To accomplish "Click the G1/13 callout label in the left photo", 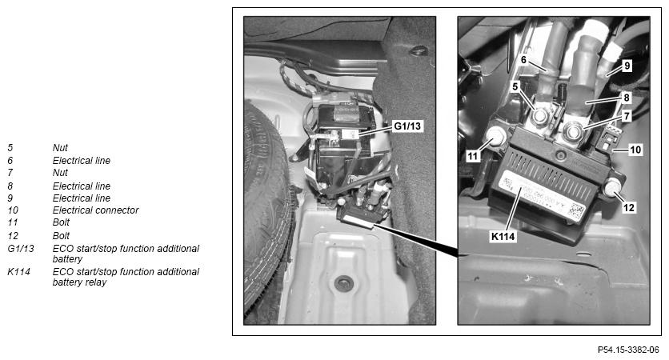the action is tap(407, 126).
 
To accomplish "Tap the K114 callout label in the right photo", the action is tap(503, 236).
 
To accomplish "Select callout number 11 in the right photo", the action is tap(472, 156).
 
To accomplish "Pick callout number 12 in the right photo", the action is tap(629, 208).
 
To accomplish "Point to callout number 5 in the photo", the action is tap(515, 86).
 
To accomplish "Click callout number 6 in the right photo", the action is tap(523, 60).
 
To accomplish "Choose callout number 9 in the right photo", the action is tap(627, 66).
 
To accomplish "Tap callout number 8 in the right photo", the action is tap(627, 98).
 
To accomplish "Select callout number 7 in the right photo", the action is tap(627, 115).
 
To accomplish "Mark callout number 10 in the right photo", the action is tap(635, 150).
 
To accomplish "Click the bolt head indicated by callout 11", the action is tap(495, 136).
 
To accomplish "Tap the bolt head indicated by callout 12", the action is tap(613, 187).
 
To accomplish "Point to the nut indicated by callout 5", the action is tap(540, 116).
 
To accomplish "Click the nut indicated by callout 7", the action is tap(572, 130).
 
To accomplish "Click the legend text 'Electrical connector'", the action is tap(95, 210).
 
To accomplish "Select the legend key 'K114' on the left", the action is tap(18, 272).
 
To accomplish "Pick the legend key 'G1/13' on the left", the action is tap(21, 248).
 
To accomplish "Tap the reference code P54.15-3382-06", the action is tap(628, 350).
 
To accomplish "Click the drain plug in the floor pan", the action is tap(344, 282).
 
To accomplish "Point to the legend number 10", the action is tap(13, 210).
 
